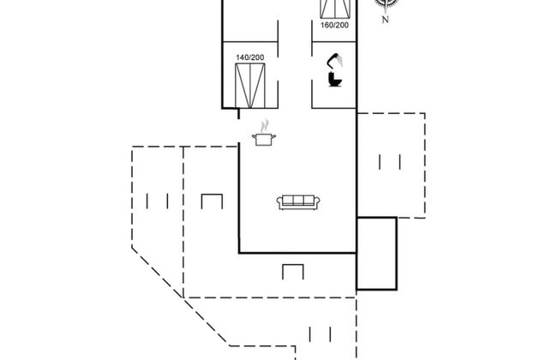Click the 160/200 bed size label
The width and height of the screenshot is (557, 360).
point(334,25)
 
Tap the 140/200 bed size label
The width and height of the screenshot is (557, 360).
point(249,57)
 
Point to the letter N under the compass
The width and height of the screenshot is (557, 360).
point(386,19)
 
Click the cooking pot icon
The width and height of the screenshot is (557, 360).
point(263,138)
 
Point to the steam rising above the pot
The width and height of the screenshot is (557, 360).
point(265,125)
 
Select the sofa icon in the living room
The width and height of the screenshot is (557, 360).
point(298,202)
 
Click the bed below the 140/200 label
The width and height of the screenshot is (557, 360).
point(249,84)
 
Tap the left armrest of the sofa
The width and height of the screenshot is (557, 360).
point(279,202)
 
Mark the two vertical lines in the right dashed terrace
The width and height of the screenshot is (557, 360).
point(389,160)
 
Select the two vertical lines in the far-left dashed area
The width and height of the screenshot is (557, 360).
point(158,202)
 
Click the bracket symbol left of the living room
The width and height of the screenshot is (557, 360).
point(212,202)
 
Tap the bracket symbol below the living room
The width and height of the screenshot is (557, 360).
point(293,272)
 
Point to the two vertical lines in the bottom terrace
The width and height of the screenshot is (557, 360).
point(321,333)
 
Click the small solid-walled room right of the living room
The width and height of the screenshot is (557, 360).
point(376,253)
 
